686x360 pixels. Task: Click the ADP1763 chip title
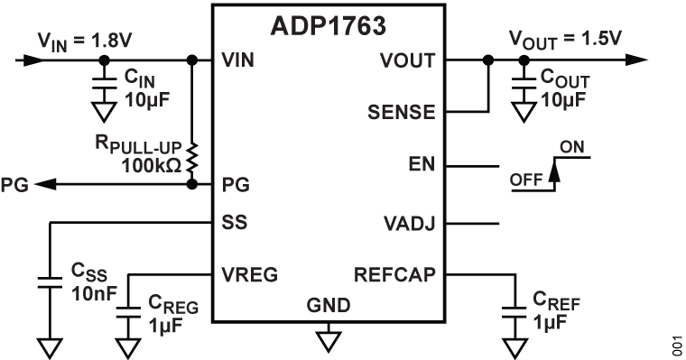328,26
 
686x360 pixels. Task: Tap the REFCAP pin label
397,272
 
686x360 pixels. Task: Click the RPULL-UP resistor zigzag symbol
191,154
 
